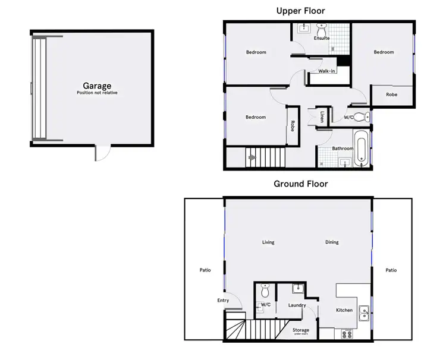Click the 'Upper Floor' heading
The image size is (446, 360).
[301, 11]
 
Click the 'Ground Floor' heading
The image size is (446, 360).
[300, 184]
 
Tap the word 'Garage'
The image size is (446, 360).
[97, 86]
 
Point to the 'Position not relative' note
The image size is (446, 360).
[97, 93]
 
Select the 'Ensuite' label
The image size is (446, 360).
[322, 38]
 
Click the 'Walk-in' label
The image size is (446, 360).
[326, 71]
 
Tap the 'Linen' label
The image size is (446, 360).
[322, 117]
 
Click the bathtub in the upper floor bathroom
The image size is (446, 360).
[362, 150]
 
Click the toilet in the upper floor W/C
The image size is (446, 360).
[361, 116]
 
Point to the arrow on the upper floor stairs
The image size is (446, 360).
[252, 158]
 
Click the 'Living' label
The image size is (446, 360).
[268, 242]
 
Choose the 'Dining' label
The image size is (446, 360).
[332, 242]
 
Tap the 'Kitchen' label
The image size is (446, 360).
[344, 310]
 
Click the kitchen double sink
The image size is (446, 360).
[363, 310]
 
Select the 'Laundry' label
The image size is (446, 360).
[297, 305]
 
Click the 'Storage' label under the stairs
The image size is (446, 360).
[301, 330]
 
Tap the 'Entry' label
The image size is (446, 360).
[223, 301]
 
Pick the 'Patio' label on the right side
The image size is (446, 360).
[391, 270]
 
